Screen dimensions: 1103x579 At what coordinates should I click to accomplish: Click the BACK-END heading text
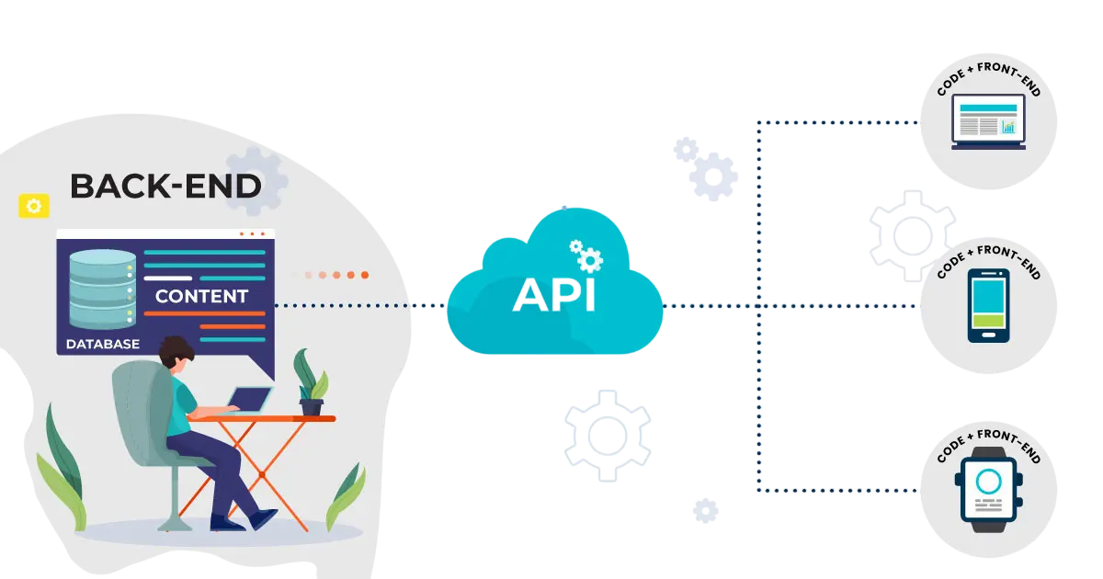(x=165, y=186)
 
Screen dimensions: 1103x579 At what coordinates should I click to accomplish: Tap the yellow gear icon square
(x=34, y=206)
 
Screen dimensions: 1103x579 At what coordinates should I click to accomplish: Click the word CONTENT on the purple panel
(x=201, y=296)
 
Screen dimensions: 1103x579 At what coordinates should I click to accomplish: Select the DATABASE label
(x=103, y=344)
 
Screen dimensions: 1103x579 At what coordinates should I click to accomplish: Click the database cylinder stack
(x=102, y=289)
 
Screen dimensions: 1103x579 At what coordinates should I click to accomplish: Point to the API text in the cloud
(x=554, y=295)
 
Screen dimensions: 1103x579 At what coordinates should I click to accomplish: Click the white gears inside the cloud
(x=586, y=256)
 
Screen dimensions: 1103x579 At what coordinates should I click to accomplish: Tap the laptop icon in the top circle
(x=988, y=121)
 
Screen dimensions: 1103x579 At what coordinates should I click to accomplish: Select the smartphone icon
(x=989, y=306)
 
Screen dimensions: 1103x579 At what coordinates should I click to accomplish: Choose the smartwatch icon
(x=989, y=489)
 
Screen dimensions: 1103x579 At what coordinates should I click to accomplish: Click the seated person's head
(x=176, y=352)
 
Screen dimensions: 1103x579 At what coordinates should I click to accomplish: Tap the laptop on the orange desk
(x=250, y=400)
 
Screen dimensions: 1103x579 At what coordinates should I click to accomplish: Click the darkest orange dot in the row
(x=365, y=275)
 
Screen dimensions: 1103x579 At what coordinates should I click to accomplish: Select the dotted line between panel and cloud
(x=360, y=306)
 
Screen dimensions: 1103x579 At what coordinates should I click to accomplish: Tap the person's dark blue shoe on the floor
(x=264, y=518)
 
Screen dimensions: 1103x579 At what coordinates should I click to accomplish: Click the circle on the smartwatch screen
(x=988, y=482)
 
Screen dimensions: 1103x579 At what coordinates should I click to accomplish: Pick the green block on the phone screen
(x=989, y=321)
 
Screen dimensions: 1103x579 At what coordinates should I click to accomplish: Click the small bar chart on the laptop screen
(x=1008, y=127)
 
